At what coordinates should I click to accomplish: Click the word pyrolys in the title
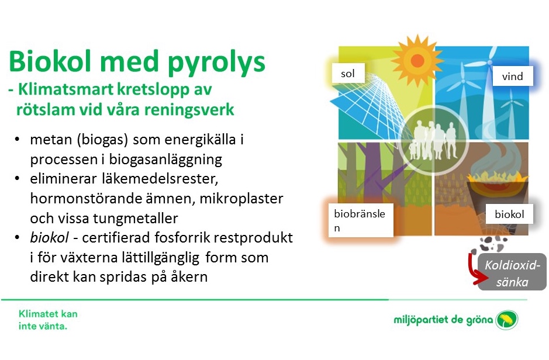pyautogui.click(x=216, y=63)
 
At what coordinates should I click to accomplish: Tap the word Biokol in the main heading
pyautogui.click(x=50, y=61)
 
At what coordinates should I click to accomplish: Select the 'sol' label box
pyautogui.click(x=348, y=73)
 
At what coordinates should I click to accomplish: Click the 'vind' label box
pyautogui.click(x=513, y=76)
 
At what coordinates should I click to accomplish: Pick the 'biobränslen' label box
pyautogui.click(x=361, y=220)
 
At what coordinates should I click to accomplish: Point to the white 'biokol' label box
pyautogui.click(x=509, y=214)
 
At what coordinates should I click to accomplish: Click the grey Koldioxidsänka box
pyautogui.click(x=512, y=272)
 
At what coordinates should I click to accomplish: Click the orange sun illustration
pyautogui.click(x=417, y=60)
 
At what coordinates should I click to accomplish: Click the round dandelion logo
pyautogui.click(x=507, y=320)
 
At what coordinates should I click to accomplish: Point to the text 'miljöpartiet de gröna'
pyautogui.click(x=443, y=320)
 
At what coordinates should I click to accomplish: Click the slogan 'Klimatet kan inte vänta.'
pyautogui.click(x=48, y=320)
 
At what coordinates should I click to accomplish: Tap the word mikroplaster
pyautogui.click(x=241, y=199)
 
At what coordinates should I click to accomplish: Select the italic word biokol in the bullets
pyautogui.click(x=49, y=237)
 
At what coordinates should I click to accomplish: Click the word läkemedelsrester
pyautogui.click(x=160, y=179)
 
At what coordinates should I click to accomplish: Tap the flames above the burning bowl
pyautogui.click(x=497, y=176)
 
